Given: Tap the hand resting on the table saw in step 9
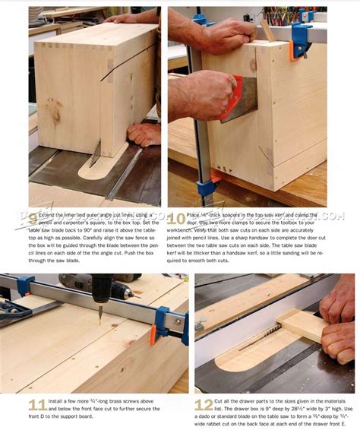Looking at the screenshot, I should [144, 134].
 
